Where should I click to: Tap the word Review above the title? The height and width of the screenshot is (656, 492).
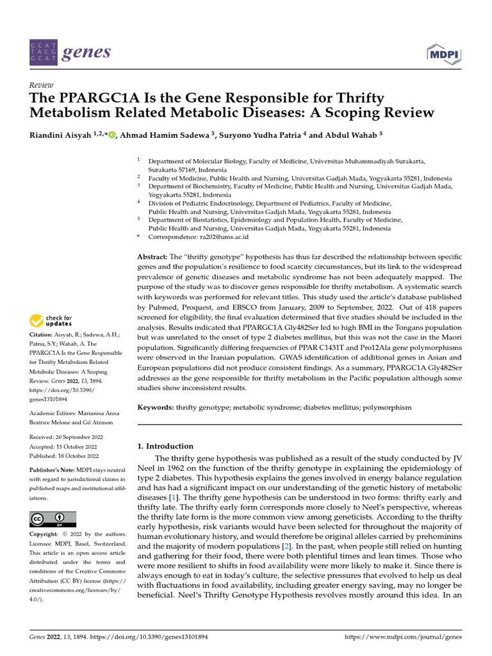point(42,85)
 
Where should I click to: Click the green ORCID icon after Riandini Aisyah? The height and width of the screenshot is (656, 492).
point(112,135)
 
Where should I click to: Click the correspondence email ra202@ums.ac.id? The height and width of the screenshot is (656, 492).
point(215,236)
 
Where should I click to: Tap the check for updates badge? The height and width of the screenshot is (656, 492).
point(51,320)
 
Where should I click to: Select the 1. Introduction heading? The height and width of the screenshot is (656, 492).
point(165,446)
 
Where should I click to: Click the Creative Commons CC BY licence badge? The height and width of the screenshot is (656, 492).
point(53,519)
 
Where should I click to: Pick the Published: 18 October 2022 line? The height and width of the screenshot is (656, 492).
point(64,456)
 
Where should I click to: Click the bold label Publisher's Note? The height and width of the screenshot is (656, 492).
point(54,470)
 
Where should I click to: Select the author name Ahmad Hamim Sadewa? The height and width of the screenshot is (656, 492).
point(161,135)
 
